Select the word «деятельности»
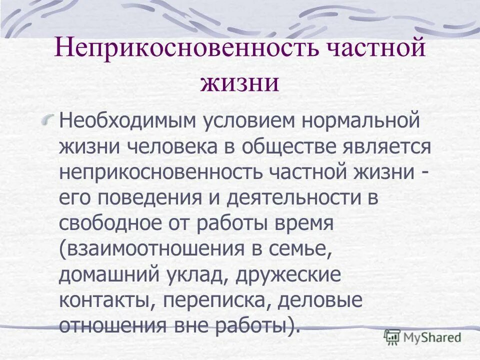[299, 197]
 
